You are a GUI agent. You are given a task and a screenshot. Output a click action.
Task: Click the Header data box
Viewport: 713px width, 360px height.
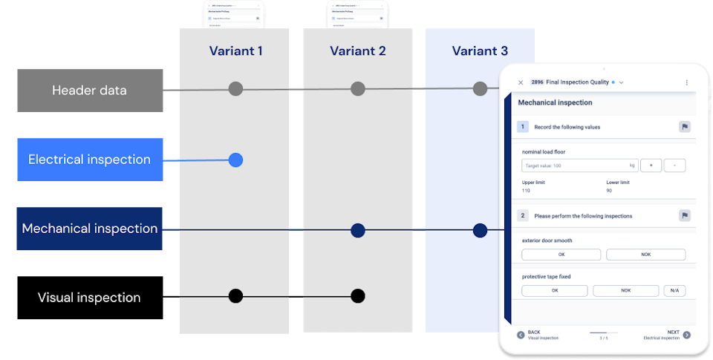click(90, 91)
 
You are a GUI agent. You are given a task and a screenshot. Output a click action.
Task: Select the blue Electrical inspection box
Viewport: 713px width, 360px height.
click(90, 160)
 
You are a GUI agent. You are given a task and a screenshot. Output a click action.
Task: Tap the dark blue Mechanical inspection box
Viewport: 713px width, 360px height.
click(90, 229)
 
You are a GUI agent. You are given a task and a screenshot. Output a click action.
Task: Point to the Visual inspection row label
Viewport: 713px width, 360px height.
click(90, 298)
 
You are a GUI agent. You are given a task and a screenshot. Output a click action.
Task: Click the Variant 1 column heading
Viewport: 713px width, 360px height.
click(235, 51)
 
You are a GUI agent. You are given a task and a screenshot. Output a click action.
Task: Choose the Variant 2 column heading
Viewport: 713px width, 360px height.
click(358, 51)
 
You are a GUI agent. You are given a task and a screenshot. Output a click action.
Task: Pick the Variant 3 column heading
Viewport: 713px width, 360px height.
click(480, 51)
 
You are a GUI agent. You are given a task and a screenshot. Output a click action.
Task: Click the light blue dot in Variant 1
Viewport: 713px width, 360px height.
click(235, 160)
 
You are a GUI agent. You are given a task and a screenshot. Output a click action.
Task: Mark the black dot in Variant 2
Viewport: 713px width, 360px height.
click(358, 296)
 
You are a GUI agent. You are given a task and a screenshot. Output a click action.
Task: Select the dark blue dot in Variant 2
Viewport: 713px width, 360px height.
click(358, 230)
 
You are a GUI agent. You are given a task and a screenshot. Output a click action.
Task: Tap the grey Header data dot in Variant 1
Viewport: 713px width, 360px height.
click(235, 89)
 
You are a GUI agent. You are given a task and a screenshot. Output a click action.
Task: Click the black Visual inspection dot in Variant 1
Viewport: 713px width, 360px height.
click(235, 296)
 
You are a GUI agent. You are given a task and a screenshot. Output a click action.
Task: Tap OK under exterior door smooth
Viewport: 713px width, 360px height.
click(561, 255)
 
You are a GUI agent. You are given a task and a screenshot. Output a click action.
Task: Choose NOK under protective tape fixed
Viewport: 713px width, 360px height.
click(625, 291)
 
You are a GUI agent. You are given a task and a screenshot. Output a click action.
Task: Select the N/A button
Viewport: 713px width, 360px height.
click(674, 291)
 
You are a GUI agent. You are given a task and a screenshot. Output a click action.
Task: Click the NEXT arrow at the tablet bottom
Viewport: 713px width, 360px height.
click(686, 335)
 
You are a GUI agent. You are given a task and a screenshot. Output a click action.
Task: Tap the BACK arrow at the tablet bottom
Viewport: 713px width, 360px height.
click(521, 335)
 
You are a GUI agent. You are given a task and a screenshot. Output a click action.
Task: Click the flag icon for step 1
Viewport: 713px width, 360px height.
click(684, 127)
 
